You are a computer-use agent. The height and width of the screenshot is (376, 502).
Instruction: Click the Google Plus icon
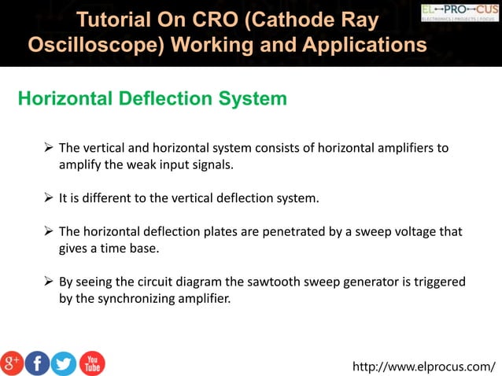(13, 363)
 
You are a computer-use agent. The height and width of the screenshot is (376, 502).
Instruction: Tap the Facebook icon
(38, 363)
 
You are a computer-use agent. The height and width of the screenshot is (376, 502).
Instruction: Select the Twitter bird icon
(64, 363)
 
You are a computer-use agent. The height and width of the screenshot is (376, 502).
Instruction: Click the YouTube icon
(91, 363)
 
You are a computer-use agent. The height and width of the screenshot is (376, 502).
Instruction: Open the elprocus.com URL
(424, 366)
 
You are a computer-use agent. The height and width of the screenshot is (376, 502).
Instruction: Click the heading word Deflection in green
(163, 99)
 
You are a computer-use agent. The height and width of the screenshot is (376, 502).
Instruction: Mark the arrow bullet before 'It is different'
(49, 197)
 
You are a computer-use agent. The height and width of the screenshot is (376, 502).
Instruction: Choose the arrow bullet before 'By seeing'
(49, 282)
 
